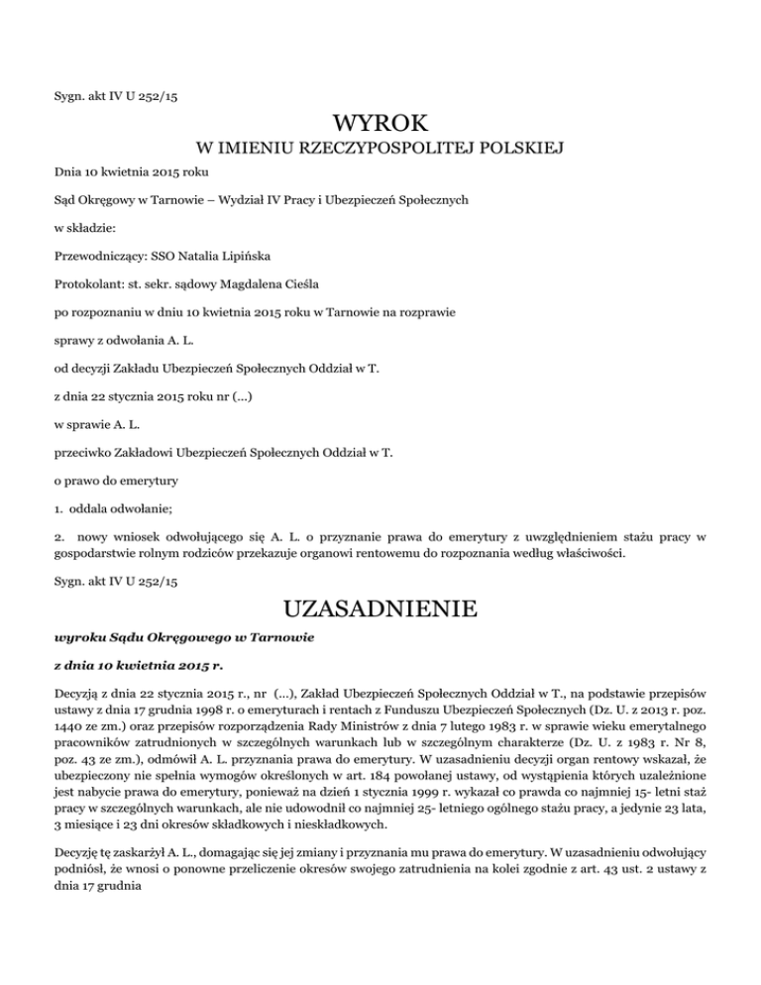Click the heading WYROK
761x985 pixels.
pos(380,125)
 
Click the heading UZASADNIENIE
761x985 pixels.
pos(380,605)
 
